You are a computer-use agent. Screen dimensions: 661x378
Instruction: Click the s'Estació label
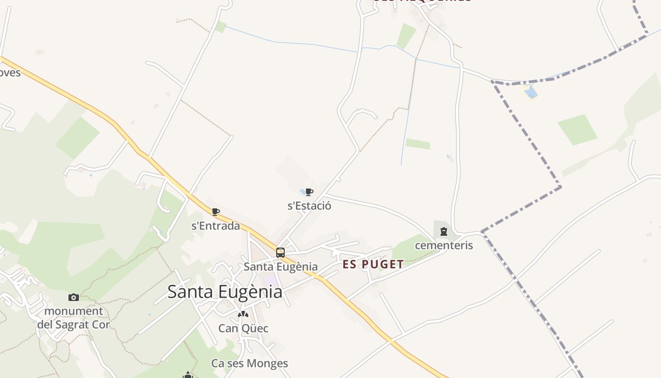click(x=309, y=206)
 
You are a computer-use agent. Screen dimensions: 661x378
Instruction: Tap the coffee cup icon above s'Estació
click(x=309, y=192)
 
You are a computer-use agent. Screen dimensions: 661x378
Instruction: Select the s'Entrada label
click(x=215, y=226)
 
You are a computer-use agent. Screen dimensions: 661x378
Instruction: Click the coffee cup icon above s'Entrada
click(x=216, y=212)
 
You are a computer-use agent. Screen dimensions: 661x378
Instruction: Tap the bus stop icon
click(x=280, y=252)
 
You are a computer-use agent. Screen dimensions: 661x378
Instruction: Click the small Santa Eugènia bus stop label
click(x=280, y=266)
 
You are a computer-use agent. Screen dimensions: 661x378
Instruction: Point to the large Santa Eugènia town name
click(x=225, y=292)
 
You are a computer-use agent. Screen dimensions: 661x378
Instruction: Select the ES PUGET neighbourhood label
click(x=373, y=264)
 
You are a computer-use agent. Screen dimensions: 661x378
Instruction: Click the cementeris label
click(x=444, y=245)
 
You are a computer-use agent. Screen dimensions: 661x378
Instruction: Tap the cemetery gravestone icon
click(x=443, y=232)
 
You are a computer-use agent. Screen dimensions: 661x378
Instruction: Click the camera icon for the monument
click(x=73, y=297)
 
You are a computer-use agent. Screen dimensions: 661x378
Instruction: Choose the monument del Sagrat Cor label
click(x=73, y=318)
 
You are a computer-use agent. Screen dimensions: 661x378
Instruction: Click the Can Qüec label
click(x=243, y=328)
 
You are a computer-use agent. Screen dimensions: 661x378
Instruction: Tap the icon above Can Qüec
click(x=243, y=314)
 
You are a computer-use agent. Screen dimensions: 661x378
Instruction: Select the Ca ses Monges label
click(x=249, y=363)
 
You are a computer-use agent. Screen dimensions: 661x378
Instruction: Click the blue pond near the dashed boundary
click(x=531, y=92)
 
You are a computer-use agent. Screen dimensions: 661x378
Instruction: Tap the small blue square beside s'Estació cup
click(x=302, y=191)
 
